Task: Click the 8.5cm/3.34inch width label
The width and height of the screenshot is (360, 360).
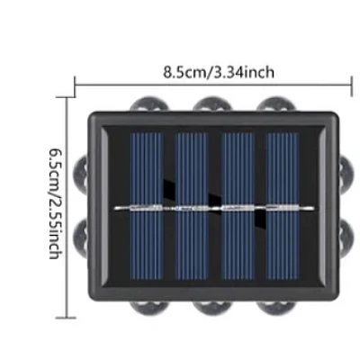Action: coord(219,72)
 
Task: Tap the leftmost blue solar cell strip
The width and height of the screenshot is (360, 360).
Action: coord(148,206)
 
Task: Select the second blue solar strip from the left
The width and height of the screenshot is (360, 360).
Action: coord(192,206)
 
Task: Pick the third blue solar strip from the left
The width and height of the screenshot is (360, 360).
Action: coord(238,206)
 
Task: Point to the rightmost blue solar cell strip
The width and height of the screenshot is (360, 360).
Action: coord(283,206)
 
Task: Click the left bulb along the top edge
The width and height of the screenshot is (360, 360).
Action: coord(149,103)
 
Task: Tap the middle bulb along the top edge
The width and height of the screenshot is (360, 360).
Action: coord(212,103)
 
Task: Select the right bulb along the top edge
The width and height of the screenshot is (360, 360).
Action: coord(276,103)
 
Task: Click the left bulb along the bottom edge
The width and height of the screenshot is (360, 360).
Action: coord(149,307)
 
